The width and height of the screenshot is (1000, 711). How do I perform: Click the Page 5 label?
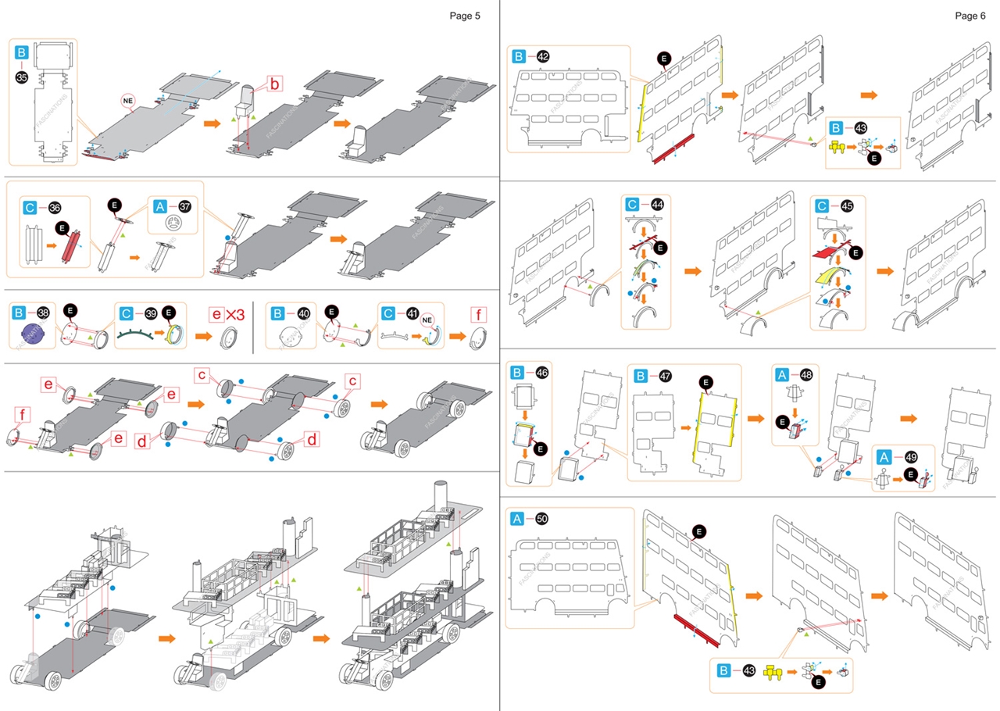tap(465, 16)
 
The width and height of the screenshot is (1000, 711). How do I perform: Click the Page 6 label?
tap(970, 16)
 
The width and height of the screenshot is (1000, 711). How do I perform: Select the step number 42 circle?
tap(543, 57)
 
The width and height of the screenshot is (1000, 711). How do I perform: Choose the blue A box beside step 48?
tap(781, 375)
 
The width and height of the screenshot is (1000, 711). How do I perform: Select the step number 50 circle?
tap(542, 519)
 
